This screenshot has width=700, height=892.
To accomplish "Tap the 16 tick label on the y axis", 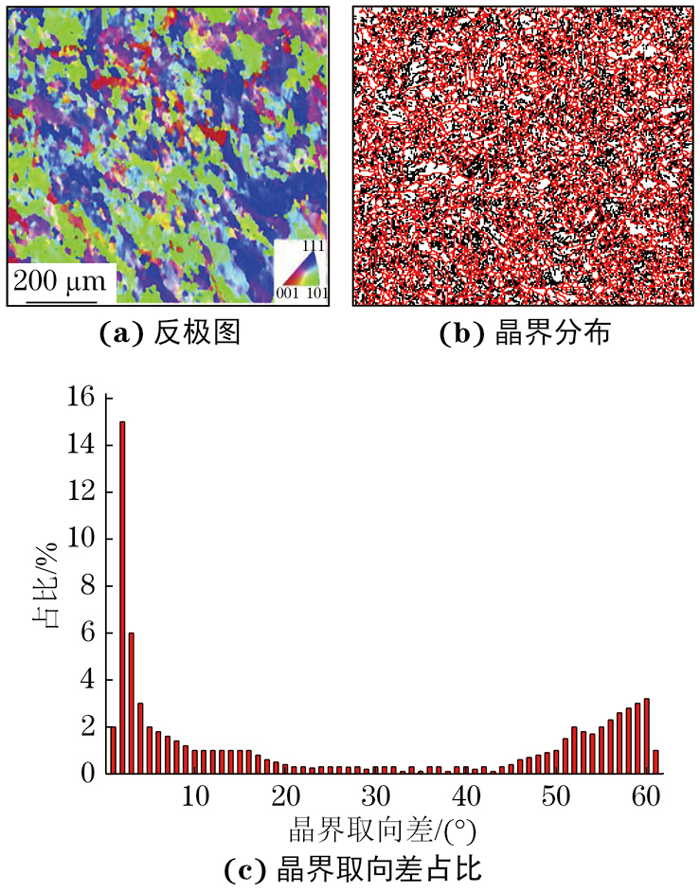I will (81, 399).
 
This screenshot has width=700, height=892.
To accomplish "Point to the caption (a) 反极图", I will (169, 333).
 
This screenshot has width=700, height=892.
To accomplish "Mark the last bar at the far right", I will (655, 762).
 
